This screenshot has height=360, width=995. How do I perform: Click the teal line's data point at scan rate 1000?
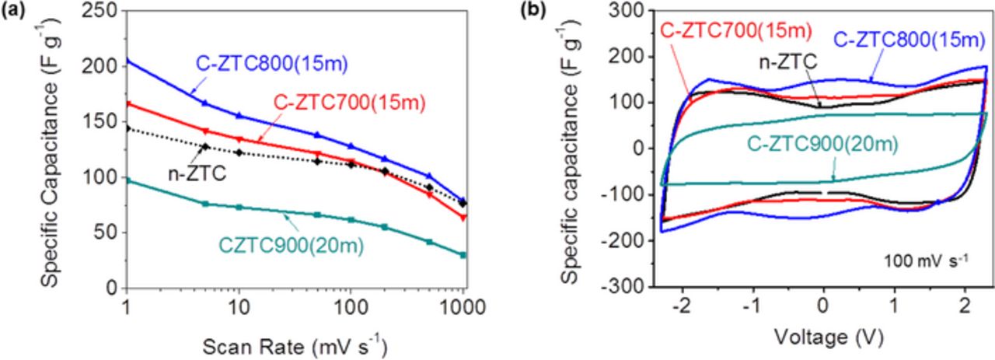[463, 255]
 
